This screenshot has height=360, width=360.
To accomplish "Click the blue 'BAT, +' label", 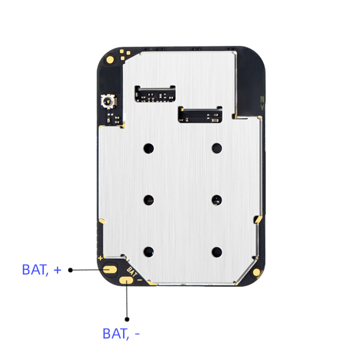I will pyautogui.click(x=42, y=270).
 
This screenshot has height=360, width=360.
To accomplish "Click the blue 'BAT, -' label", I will pyautogui.click(x=121, y=334).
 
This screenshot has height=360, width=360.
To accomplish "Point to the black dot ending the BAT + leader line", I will pyautogui.click(x=70, y=270).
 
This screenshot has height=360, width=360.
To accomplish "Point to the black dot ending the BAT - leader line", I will pyautogui.click(x=127, y=318).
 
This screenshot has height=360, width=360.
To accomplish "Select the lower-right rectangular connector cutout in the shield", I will pyautogui.click(x=200, y=114).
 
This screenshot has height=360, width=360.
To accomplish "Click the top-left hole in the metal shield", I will pyautogui.click(x=149, y=148).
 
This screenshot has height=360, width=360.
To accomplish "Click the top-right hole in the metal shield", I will pyautogui.click(x=217, y=148).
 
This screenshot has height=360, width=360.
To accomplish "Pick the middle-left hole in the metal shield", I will pyautogui.click(x=149, y=199).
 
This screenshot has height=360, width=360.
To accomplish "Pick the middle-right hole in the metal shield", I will pyautogui.click(x=217, y=199).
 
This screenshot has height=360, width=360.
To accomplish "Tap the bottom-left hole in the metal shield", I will pyautogui.click(x=149, y=251).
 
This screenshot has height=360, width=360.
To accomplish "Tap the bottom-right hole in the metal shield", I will pyautogui.click(x=217, y=251).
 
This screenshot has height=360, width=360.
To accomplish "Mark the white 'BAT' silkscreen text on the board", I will pyautogui.click(x=132, y=270).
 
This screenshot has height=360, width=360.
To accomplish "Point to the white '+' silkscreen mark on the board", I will pyautogui.click(x=100, y=258).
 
